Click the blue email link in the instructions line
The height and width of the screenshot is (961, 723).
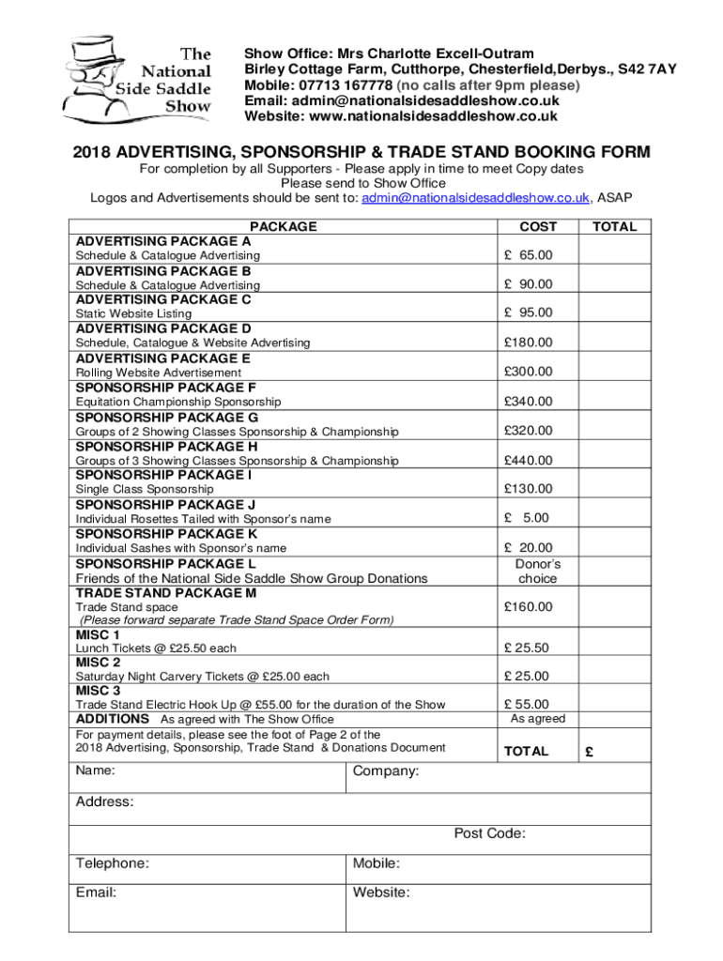(476, 197)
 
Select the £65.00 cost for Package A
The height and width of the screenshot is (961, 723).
(528, 255)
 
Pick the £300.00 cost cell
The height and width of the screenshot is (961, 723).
(528, 372)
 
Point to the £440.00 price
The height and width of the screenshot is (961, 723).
(528, 460)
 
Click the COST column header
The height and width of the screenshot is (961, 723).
(538, 226)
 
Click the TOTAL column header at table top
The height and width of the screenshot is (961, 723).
(614, 226)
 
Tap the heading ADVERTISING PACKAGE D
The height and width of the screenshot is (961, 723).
(163, 328)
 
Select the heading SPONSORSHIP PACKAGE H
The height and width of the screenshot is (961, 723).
(166, 446)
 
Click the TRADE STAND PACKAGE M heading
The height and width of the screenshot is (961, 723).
(166, 593)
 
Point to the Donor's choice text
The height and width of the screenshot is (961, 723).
(537, 572)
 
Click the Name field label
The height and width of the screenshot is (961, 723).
(96, 770)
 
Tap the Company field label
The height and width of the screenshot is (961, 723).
(386, 771)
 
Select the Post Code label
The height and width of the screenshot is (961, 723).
(489, 833)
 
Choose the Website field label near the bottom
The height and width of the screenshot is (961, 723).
(381, 892)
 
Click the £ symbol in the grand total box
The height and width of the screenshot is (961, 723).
(590, 752)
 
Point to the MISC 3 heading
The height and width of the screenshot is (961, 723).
(98, 691)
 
